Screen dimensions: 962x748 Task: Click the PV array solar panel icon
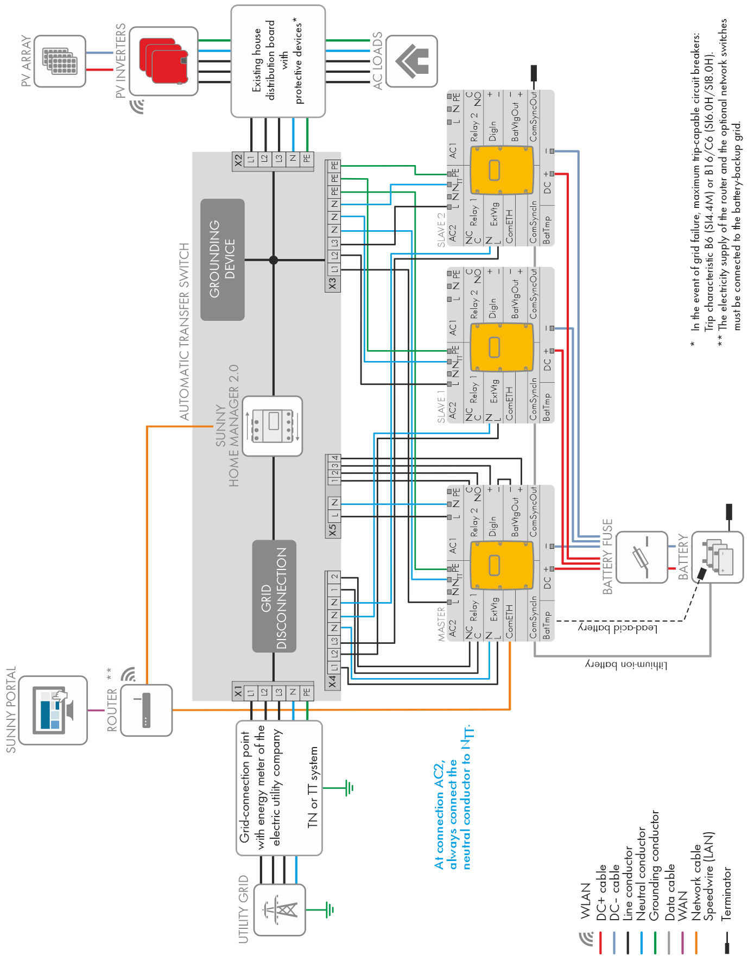point(60,61)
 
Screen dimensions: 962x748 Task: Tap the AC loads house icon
point(412,61)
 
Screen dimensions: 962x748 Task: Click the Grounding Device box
point(223,259)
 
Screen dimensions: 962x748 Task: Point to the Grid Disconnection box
point(274,596)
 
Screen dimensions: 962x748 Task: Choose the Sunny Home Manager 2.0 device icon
point(272,426)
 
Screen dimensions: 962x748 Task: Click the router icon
point(146,710)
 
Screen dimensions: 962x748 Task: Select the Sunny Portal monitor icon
point(53,710)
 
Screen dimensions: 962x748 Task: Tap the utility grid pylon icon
point(280,909)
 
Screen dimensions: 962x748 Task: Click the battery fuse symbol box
point(642,557)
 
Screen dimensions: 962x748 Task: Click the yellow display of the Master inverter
point(501,565)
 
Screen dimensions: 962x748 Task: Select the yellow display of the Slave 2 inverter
point(501,170)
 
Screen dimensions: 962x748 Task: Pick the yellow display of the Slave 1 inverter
point(501,347)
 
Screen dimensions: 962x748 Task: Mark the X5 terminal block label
point(333,529)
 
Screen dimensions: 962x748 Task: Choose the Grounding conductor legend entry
point(655,865)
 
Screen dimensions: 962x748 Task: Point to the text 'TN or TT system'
point(313,787)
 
